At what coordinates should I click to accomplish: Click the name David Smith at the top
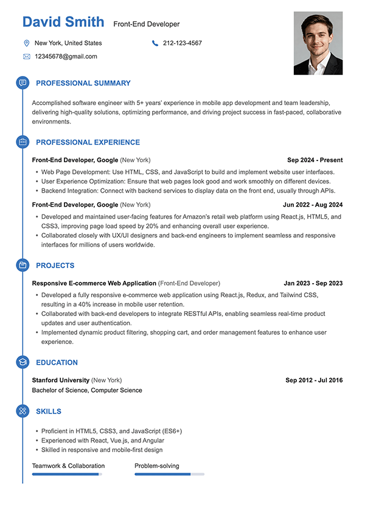(63, 22)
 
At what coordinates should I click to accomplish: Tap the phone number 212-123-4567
(182, 43)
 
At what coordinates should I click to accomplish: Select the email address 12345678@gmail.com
(66, 57)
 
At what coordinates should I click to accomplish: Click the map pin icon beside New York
(26, 43)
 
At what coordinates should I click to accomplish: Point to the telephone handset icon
(155, 43)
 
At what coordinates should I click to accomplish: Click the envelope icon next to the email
(26, 57)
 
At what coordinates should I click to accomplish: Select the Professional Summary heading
(83, 83)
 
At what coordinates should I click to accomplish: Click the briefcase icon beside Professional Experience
(23, 142)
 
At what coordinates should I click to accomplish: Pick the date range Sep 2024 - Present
(315, 160)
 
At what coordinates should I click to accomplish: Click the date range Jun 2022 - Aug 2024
(313, 205)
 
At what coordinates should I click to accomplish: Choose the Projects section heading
(55, 266)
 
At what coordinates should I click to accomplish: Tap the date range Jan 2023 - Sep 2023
(313, 283)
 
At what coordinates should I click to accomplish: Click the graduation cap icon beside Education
(23, 363)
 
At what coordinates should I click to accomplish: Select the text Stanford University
(61, 380)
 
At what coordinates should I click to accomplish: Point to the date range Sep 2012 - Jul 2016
(314, 380)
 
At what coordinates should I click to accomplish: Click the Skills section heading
(49, 411)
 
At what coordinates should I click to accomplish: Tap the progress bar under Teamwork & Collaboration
(67, 474)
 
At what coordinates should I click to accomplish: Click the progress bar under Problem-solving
(169, 474)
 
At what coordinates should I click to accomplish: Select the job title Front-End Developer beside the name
(147, 24)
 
